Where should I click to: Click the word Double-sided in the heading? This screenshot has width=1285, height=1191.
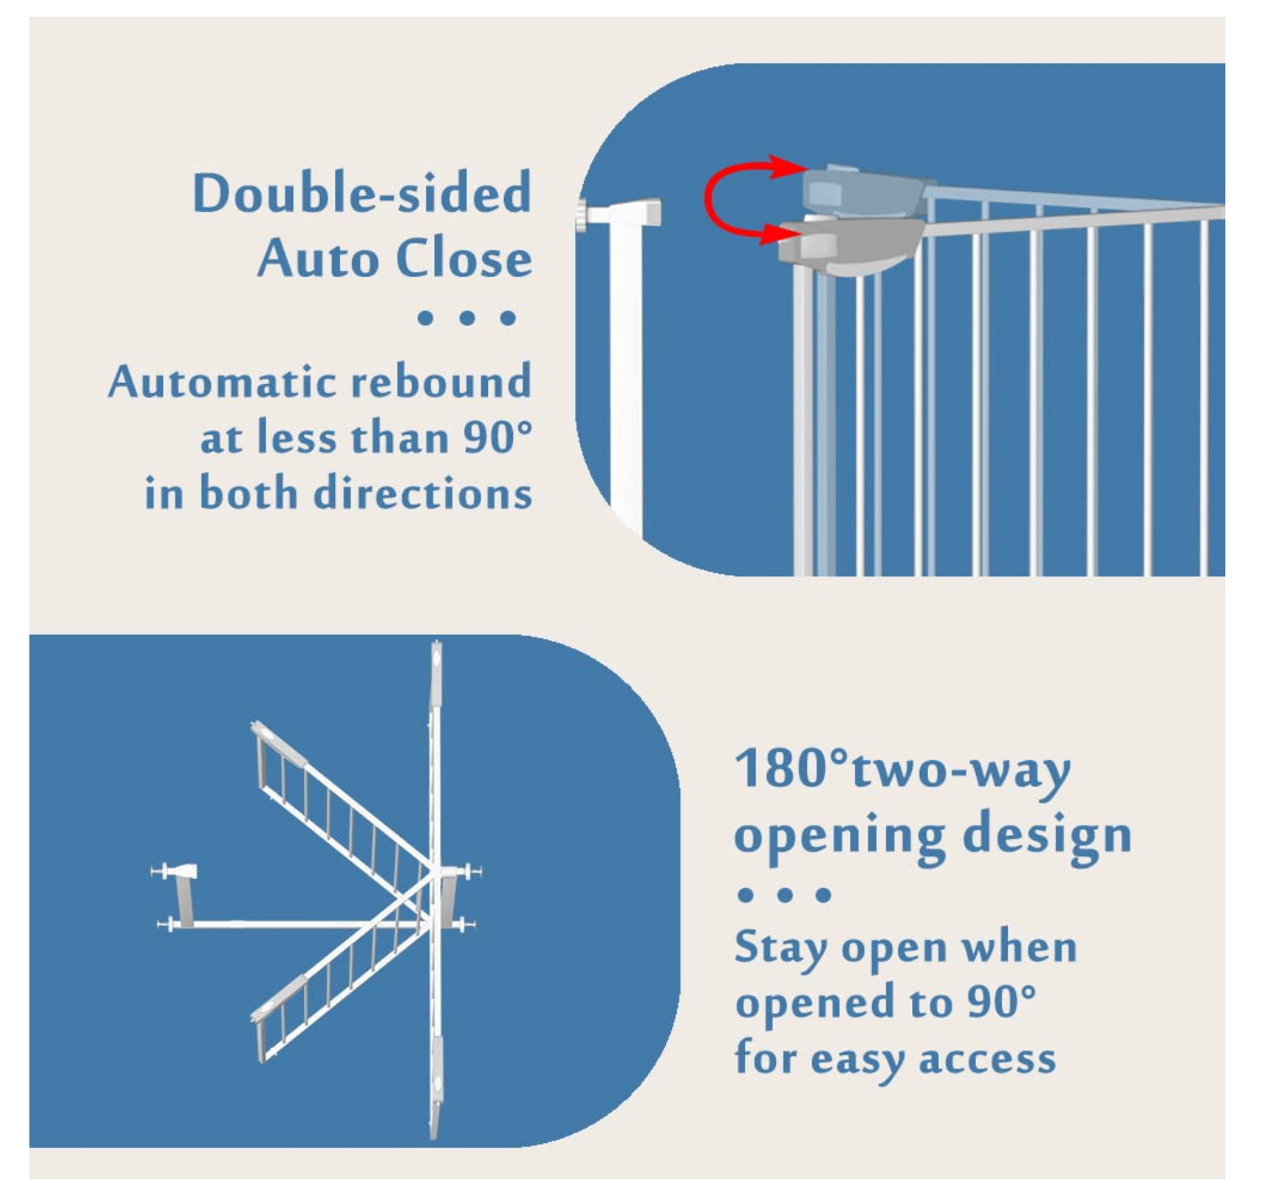point(362,193)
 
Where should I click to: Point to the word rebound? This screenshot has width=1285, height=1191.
point(441,382)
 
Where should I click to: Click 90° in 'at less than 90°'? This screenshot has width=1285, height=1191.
point(497,438)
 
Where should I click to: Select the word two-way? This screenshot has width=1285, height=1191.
point(962,771)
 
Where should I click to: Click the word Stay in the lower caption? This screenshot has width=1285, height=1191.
point(780,949)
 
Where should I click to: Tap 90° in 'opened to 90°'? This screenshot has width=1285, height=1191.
point(1000,1001)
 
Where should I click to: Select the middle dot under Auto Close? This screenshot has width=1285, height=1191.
point(467,318)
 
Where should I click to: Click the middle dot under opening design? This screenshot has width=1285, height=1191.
point(784,895)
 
